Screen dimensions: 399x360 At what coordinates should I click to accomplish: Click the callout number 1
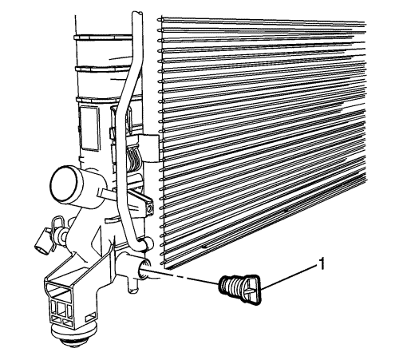pyautogui.click(x=322, y=264)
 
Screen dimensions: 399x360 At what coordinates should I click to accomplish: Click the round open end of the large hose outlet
pyautogui.click(x=65, y=184)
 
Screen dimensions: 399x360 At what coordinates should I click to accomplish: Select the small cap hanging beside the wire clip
pyautogui.click(x=42, y=241)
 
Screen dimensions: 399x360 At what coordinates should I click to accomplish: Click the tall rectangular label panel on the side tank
pyautogui.click(x=89, y=129)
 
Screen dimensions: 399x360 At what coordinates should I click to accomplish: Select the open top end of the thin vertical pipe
pyautogui.click(x=137, y=14)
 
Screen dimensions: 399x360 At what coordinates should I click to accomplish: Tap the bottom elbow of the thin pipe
pyautogui.click(x=141, y=244)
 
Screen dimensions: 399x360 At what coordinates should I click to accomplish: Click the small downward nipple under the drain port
pyautogui.click(x=132, y=287)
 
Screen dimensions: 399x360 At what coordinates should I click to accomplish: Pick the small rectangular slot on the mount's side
pyautogui.click(x=89, y=318)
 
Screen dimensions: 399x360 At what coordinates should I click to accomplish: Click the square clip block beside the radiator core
pyautogui.click(x=150, y=148)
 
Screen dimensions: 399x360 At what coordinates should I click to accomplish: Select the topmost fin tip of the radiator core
pyautogui.click(x=159, y=20)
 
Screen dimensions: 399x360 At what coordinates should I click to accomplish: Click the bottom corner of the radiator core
pyautogui.click(x=164, y=267)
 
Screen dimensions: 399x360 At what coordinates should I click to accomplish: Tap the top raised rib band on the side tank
pyautogui.click(x=103, y=38)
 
